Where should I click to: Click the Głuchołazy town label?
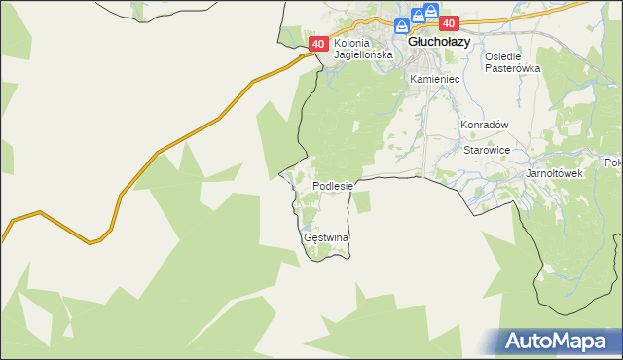tap(439, 43)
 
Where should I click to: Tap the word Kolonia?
tap(354, 44)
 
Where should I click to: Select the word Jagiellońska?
tap(363, 55)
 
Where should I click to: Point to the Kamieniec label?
tap(433, 78)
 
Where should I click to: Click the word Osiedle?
tap(505, 56)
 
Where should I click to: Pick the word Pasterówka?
tap(512, 68)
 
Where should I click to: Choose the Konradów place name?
tap(485, 126)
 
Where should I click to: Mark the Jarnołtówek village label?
tap(553, 173)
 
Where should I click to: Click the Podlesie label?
tap(338, 185)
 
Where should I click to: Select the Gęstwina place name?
tap(326, 237)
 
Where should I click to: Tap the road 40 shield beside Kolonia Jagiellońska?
tap(318, 44)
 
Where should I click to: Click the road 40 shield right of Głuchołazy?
tap(448, 23)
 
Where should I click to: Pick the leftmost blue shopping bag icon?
tap(403, 27)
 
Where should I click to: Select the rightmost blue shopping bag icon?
tap(430, 11)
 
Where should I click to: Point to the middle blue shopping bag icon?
tap(417, 15)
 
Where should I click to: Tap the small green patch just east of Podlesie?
tap(362, 201)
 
